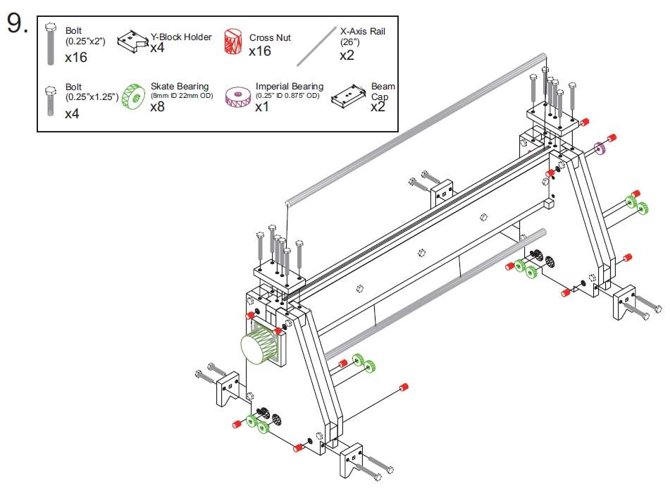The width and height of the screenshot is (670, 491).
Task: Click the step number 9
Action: point(18,25)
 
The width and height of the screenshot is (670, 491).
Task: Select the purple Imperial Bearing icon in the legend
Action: point(237,98)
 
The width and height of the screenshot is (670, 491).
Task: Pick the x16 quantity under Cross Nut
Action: point(260,51)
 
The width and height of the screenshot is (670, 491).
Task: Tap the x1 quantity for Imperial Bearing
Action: point(262,107)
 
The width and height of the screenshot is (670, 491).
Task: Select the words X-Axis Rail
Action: point(362,32)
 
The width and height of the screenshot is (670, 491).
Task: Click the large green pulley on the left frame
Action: point(256,345)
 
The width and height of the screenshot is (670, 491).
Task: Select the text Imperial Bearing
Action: point(289,87)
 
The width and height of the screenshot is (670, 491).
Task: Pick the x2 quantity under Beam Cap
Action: point(378,107)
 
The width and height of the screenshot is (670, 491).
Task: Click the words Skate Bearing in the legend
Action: point(180,87)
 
